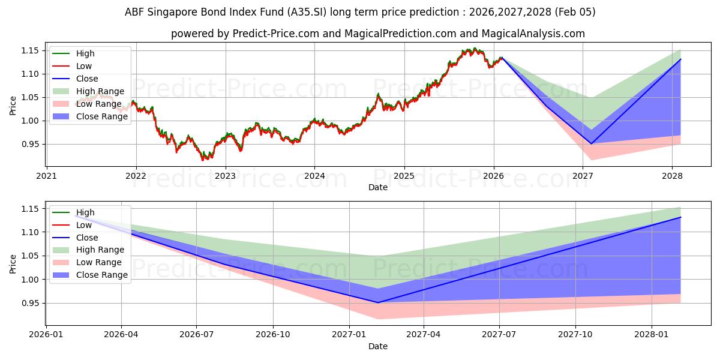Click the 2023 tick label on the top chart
point(225,176)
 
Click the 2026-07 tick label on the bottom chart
point(197,335)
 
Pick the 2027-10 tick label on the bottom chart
point(575,335)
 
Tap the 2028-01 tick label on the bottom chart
point(651,335)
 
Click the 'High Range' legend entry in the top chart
point(100,91)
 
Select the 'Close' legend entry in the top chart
point(87,79)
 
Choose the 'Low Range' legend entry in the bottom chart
point(99,262)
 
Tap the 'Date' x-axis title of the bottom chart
point(378,346)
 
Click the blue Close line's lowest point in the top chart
point(591,143)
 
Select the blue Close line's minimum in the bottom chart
point(378,302)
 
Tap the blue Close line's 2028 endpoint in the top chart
point(680,59)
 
